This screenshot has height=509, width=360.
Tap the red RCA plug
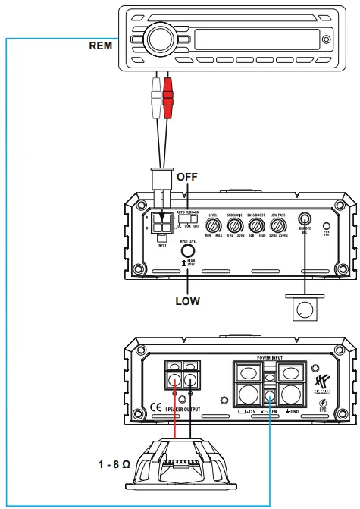click(168, 95)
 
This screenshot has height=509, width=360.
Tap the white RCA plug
click(155, 95)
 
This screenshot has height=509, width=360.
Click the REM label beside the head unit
click(101, 45)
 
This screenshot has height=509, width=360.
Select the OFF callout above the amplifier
click(186, 176)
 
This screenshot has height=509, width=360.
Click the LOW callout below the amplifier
click(187, 301)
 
